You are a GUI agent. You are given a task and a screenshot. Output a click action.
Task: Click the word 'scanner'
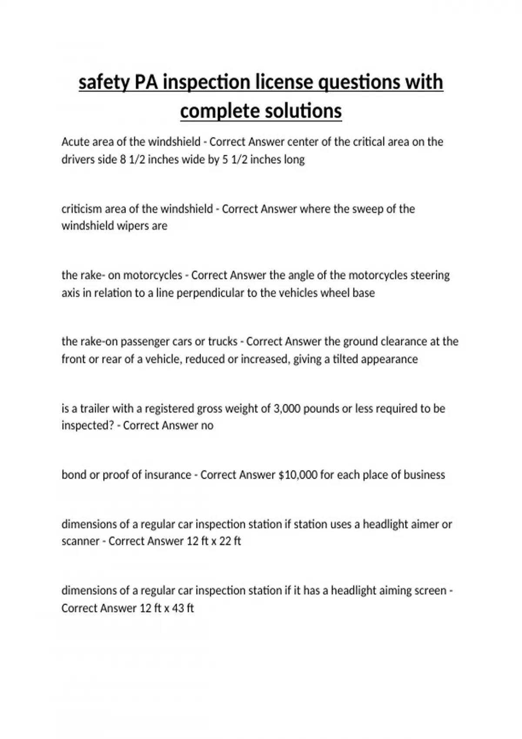pyautogui.click(x=80, y=541)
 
